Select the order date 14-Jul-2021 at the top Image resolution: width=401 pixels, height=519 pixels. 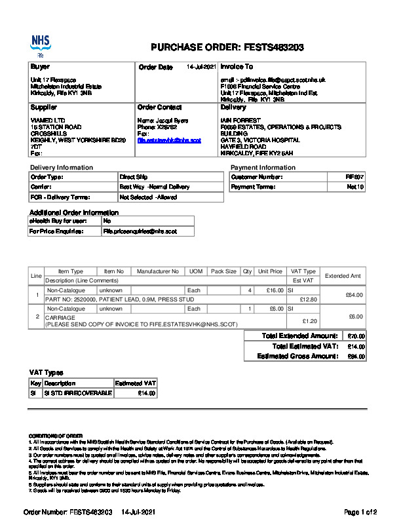coord(201,67)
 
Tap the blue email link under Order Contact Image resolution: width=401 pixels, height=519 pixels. coord(169,140)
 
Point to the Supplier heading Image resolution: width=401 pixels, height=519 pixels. coord(44,107)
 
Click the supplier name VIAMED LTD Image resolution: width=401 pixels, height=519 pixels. coord(48,121)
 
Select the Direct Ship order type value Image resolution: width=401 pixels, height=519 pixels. coord(134,177)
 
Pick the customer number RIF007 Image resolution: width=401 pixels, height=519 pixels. coord(354,177)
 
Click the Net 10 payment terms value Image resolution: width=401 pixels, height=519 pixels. coord(356,187)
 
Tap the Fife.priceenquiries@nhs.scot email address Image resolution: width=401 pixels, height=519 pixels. coord(140,231)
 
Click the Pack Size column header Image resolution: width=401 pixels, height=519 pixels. coord(223,271)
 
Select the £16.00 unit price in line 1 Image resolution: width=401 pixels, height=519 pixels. coord(271,290)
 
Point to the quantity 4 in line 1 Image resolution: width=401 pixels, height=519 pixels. coord(250,290)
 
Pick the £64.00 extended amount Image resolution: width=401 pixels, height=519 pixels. coord(354,295)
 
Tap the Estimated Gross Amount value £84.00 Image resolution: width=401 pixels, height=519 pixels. coord(356,356)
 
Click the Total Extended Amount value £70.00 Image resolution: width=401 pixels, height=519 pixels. coord(356,336)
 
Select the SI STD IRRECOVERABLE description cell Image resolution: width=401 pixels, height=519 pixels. coord(77,393)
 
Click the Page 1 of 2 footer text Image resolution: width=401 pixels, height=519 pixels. coord(360,511)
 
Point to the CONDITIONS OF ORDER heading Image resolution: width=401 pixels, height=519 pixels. coord(56,436)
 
